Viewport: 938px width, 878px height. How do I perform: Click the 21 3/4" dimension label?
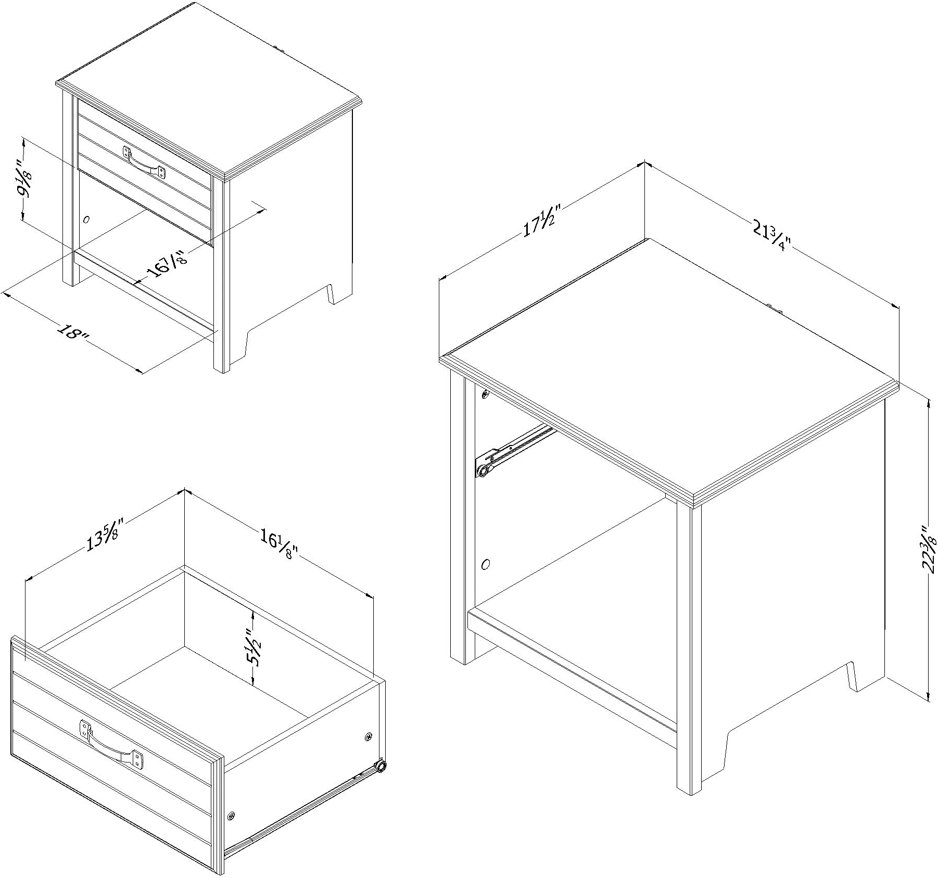point(771,236)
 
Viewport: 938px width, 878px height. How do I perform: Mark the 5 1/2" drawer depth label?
point(255,646)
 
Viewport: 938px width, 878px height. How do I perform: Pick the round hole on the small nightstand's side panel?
point(87,220)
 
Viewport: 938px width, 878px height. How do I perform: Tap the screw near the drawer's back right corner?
point(369,736)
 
